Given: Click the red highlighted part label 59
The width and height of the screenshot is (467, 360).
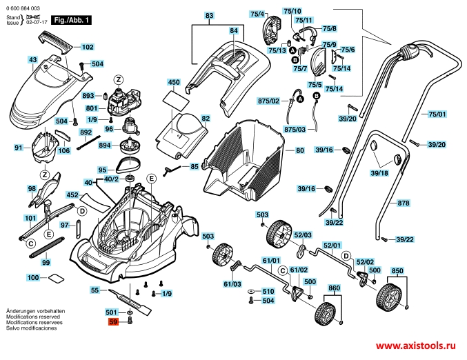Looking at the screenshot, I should [x=111, y=321].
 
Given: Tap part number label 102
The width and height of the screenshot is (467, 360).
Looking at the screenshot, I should [x=88, y=48].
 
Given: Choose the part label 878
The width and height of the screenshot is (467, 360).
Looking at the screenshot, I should [x=404, y=203].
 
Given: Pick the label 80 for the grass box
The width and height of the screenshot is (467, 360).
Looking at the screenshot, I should [x=299, y=150].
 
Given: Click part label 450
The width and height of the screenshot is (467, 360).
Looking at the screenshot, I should [x=173, y=82].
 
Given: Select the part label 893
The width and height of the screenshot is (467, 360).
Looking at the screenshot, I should [x=88, y=96].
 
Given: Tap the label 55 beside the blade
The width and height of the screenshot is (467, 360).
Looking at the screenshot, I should [x=95, y=291].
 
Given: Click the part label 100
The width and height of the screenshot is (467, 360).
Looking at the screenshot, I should [x=32, y=277].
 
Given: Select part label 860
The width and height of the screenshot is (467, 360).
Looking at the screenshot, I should [x=335, y=287].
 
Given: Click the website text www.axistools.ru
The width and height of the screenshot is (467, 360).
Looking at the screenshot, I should [x=417, y=345].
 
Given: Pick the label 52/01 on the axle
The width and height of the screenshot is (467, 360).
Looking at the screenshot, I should [x=332, y=246].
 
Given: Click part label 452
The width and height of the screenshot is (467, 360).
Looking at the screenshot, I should [x=72, y=195].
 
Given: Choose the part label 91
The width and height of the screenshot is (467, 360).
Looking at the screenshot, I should [x=19, y=148].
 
